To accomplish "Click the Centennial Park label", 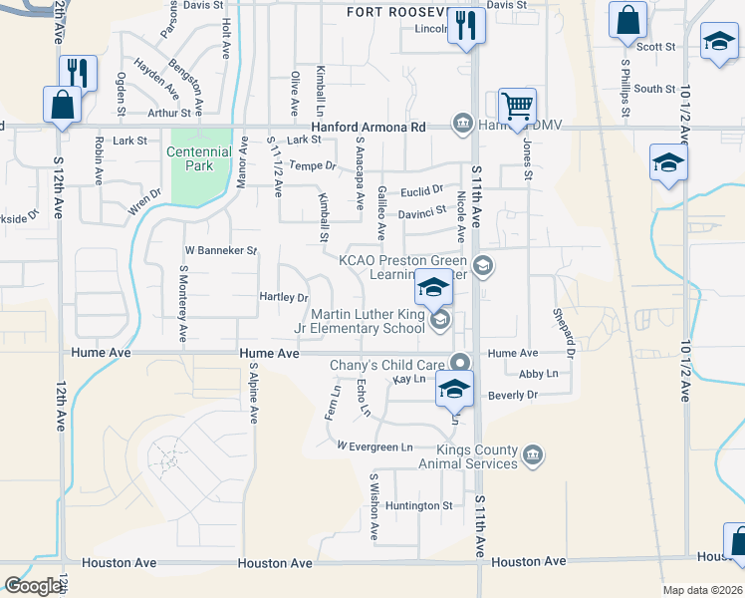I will pyautogui.click(x=199, y=158).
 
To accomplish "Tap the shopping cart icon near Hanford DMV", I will pyautogui.click(x=517, y=107).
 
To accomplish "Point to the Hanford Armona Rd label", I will pyautogui.click(x=369, y=128).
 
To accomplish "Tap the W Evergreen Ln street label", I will pyautogui.click(x=374, y=447).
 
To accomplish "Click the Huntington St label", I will pyautogui.click(x=420, y=505).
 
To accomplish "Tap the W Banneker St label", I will pyautogui.click(x=221, y=250).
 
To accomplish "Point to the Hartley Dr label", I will pyautogui.click(x=284, y=297).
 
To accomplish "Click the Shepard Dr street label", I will pyautogui.click(x=564, y=332).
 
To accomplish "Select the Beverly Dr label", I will pyautogui.click(x=512, y=395).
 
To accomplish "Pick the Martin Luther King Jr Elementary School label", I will pyautogui.click(x=369, y=321).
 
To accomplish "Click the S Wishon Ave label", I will pyautogui.click(x=374, y=506).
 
